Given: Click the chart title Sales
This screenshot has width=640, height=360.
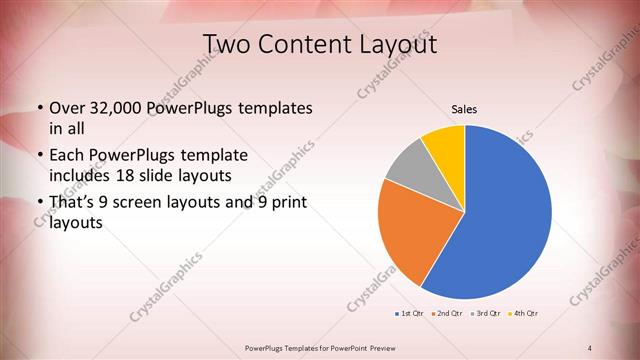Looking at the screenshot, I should point(464,109).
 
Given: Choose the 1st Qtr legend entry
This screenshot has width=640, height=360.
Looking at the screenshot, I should point(409,314).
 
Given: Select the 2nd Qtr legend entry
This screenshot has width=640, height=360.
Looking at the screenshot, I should point(446,314).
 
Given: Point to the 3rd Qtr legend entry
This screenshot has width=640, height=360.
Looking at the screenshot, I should point(484,314).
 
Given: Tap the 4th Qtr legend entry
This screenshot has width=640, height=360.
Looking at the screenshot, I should point(523,314).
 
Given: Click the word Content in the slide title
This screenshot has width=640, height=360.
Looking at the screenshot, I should point(306,44).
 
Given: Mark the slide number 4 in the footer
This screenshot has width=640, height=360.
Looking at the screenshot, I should point(590,347).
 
